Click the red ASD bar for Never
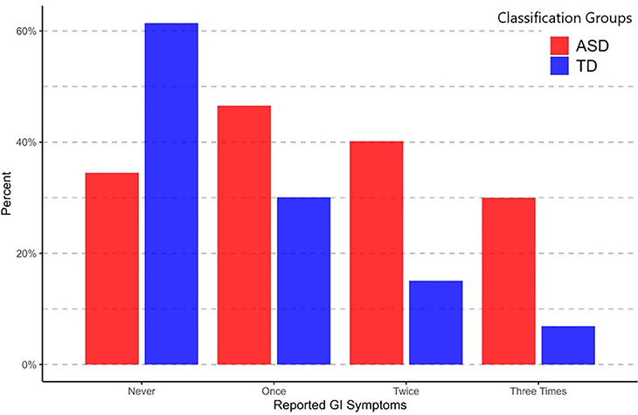[112, 268]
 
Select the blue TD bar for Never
[171, 193]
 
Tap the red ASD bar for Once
[244, 234]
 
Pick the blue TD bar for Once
[303, 280]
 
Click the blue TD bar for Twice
[436, 322]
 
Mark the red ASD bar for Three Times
[509, 280]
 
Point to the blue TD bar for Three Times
[568, 345]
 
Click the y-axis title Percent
[9, 198]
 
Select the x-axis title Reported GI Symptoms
[339, 405]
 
